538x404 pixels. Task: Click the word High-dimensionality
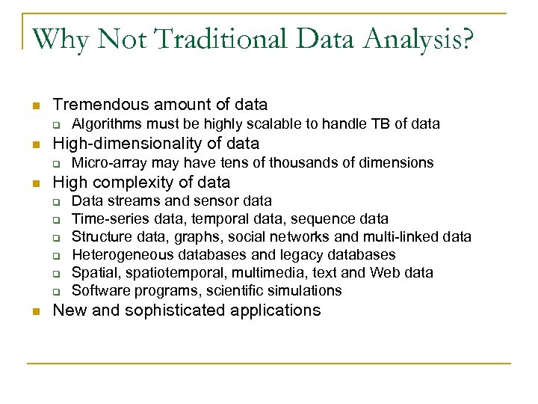pyautogui.click(x=117, y=144)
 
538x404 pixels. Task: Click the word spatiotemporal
pyautogui.click(x=171, y=273)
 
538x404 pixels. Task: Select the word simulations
pyautogui.click(x=303, y=290)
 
